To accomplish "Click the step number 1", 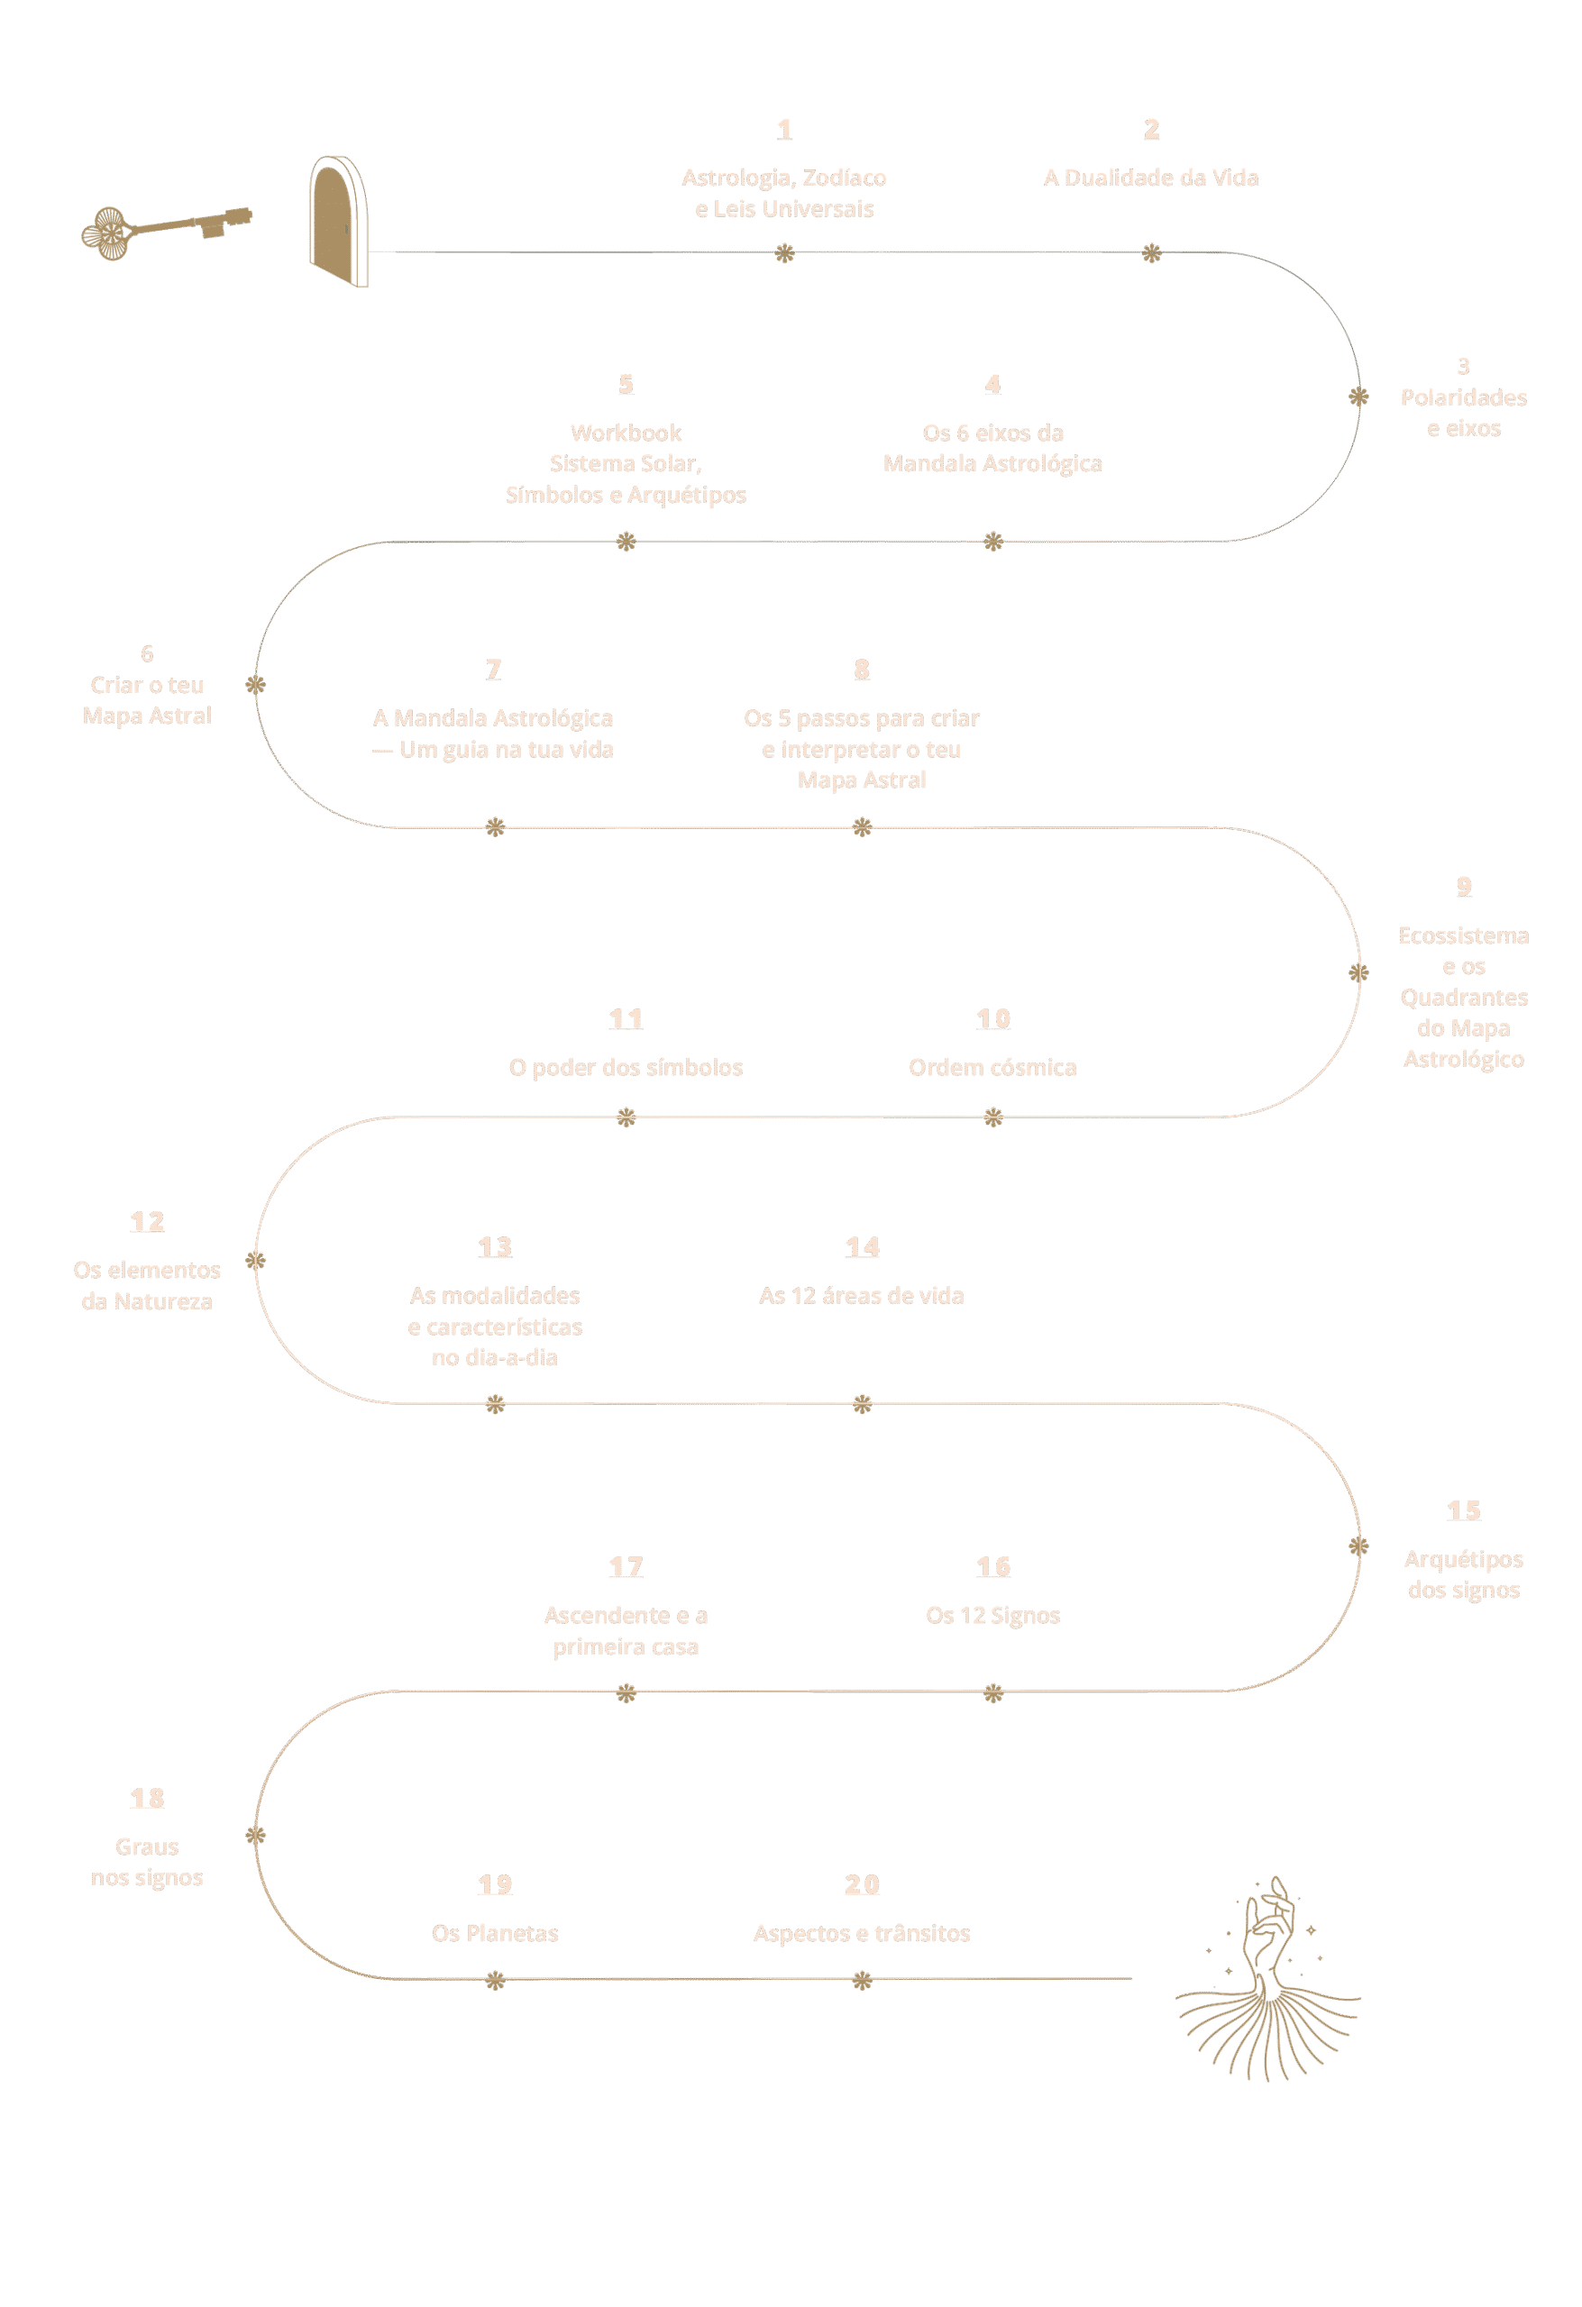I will click(x=784, y=129).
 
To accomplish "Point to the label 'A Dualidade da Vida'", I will click(x=1151, y=178).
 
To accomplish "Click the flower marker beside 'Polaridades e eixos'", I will click(x=1358, y=397).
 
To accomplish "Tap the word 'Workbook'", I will click(x=626, y=433).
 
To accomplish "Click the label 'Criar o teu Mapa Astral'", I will click(x=147, y=700).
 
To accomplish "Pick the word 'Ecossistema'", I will click(x=1463, y=936).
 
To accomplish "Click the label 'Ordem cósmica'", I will click(x=992, y=1067).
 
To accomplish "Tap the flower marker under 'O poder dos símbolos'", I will click(x=626, y=1117).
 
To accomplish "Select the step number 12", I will click(x=147, y=1222).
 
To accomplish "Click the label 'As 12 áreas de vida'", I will click(x=861, y=1296).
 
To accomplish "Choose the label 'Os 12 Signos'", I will click(x=992, y=1615).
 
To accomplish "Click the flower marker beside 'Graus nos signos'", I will click(x=256, y=1835).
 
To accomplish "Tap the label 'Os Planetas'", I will click(x=495, y=1933).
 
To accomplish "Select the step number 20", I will click(x=862, y=1884).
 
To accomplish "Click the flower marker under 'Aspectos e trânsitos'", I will click(x=862, y=1983).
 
